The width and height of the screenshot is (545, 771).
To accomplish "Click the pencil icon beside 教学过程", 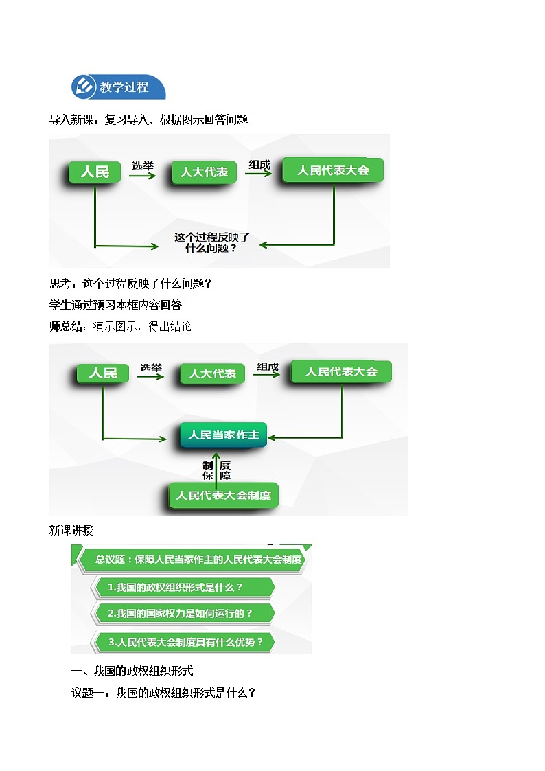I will [84, 87].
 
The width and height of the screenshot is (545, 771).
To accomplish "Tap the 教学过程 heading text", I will [124, 87].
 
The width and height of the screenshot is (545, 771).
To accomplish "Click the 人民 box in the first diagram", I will [95, 172].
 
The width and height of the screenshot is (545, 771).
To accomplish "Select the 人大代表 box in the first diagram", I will [204, 172].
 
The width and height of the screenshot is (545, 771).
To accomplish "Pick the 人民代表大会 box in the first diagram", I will [333, 170].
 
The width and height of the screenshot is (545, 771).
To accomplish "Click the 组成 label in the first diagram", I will [259, 165].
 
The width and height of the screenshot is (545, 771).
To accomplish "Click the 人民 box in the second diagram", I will [103, 373].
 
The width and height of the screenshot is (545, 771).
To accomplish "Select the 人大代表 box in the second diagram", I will [212, 373].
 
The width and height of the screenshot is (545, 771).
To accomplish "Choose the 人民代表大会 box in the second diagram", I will [341, 371].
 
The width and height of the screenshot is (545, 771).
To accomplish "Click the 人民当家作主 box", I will [224, 435].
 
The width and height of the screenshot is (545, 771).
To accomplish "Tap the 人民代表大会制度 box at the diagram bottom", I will [224, 495].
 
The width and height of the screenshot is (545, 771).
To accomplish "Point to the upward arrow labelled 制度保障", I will [217, 468].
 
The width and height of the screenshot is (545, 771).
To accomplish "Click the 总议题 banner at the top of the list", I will [192, 559].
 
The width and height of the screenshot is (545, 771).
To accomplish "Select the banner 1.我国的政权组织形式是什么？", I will [183, 588].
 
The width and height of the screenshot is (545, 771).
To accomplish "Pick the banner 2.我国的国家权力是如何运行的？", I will [183, 613].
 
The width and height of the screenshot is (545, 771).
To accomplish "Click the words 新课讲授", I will [71, 530].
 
